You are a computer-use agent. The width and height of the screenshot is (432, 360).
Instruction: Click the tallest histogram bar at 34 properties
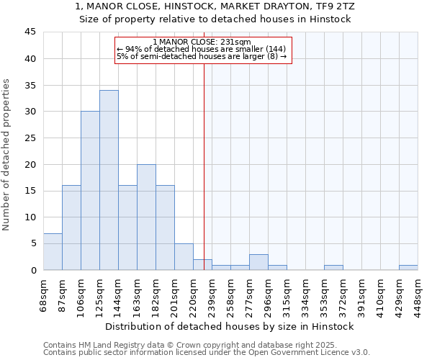[109, 180]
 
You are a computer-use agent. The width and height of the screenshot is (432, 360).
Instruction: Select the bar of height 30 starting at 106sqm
[90, 191]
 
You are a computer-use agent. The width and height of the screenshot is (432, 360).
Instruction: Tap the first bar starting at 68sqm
[53, 252]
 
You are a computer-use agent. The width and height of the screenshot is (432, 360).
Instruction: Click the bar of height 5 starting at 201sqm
[184, 257]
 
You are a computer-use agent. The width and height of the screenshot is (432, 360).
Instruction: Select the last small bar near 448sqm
[408, 267]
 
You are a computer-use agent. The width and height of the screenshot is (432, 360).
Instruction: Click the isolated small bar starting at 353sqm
[333, 267]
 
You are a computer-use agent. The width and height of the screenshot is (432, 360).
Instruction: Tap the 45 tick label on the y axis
[30, 32]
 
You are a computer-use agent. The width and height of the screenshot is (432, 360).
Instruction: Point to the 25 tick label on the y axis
[30, 138]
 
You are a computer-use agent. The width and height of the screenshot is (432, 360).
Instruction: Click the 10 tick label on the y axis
[30, 217]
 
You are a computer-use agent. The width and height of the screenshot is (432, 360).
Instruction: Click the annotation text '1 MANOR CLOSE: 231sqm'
[202, 42]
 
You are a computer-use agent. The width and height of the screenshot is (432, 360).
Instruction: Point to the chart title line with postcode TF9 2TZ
[215, 6]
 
